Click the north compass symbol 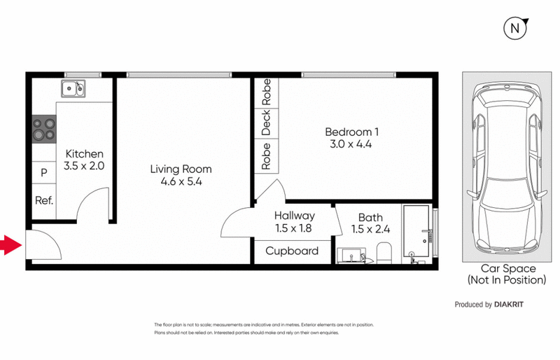click(x=516, y=29)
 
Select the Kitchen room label click(x=84, y=154)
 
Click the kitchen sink click(x=72, y=88)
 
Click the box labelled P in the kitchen click(x=43, y=172)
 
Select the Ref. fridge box click(x=44, y=200)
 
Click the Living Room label click(x=181, y=169)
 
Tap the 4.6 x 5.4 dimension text click(x=181, y=183)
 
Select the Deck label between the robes click(x=266, y=123)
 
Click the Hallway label click(x=294, y=216)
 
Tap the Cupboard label click(x=292, y=251)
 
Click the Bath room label click(x=370, y=217)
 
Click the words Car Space click(x=507, y=268)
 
